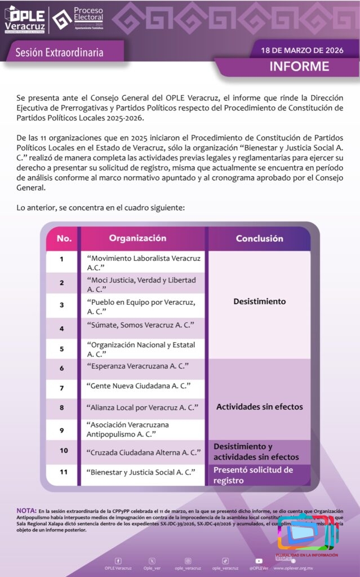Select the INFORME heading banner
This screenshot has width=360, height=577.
[x=299, y=66]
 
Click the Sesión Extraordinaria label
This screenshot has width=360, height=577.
[x=59, y=52]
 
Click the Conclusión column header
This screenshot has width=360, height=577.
[x=259, y=238]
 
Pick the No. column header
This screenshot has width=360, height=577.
[x=64, y=238]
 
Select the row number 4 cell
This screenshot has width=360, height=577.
[x=62, y=328]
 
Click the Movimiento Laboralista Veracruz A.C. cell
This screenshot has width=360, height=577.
[x=143, y=263]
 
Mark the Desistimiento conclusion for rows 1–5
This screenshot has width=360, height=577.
[x=259, y=301]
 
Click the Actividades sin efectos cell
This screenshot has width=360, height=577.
[x=259, y=406]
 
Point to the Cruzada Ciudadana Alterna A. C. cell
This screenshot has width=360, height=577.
[x=144, y=452]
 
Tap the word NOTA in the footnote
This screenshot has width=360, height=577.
[x=26, y=511]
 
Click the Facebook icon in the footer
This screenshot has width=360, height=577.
[x=118, y=561]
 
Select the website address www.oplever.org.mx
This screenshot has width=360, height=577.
[x=293, y=568]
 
